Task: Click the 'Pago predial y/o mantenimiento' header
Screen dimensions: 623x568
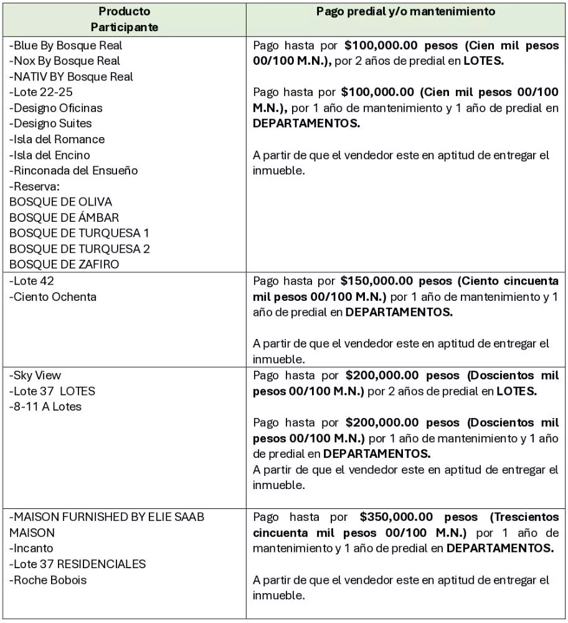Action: [x=405, y=11]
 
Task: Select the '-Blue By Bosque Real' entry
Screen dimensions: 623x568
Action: [x=65, y=45]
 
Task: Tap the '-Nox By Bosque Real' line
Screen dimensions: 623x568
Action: [x=64, y=60]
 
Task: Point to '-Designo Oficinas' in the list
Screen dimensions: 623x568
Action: [x=55, y=108]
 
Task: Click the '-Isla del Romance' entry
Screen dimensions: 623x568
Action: [x=57, y=139]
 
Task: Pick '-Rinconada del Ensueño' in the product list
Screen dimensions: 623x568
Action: [x=73, y=170]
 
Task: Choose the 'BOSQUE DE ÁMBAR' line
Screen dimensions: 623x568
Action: [x=64, y=217]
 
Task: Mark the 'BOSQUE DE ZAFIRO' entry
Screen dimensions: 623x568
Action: [x=64, y=264]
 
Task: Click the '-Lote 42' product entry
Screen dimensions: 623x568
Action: [x=31, y=281]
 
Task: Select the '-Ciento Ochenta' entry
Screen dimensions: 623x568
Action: [x=53, y=297]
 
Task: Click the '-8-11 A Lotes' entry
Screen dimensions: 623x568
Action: [x=45, y=407]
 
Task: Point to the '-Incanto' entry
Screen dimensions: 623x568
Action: [x=31, y=548]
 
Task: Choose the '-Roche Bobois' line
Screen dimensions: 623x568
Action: [x=48, y=580]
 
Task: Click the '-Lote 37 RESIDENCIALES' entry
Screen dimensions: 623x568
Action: [x=77, y=564]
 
